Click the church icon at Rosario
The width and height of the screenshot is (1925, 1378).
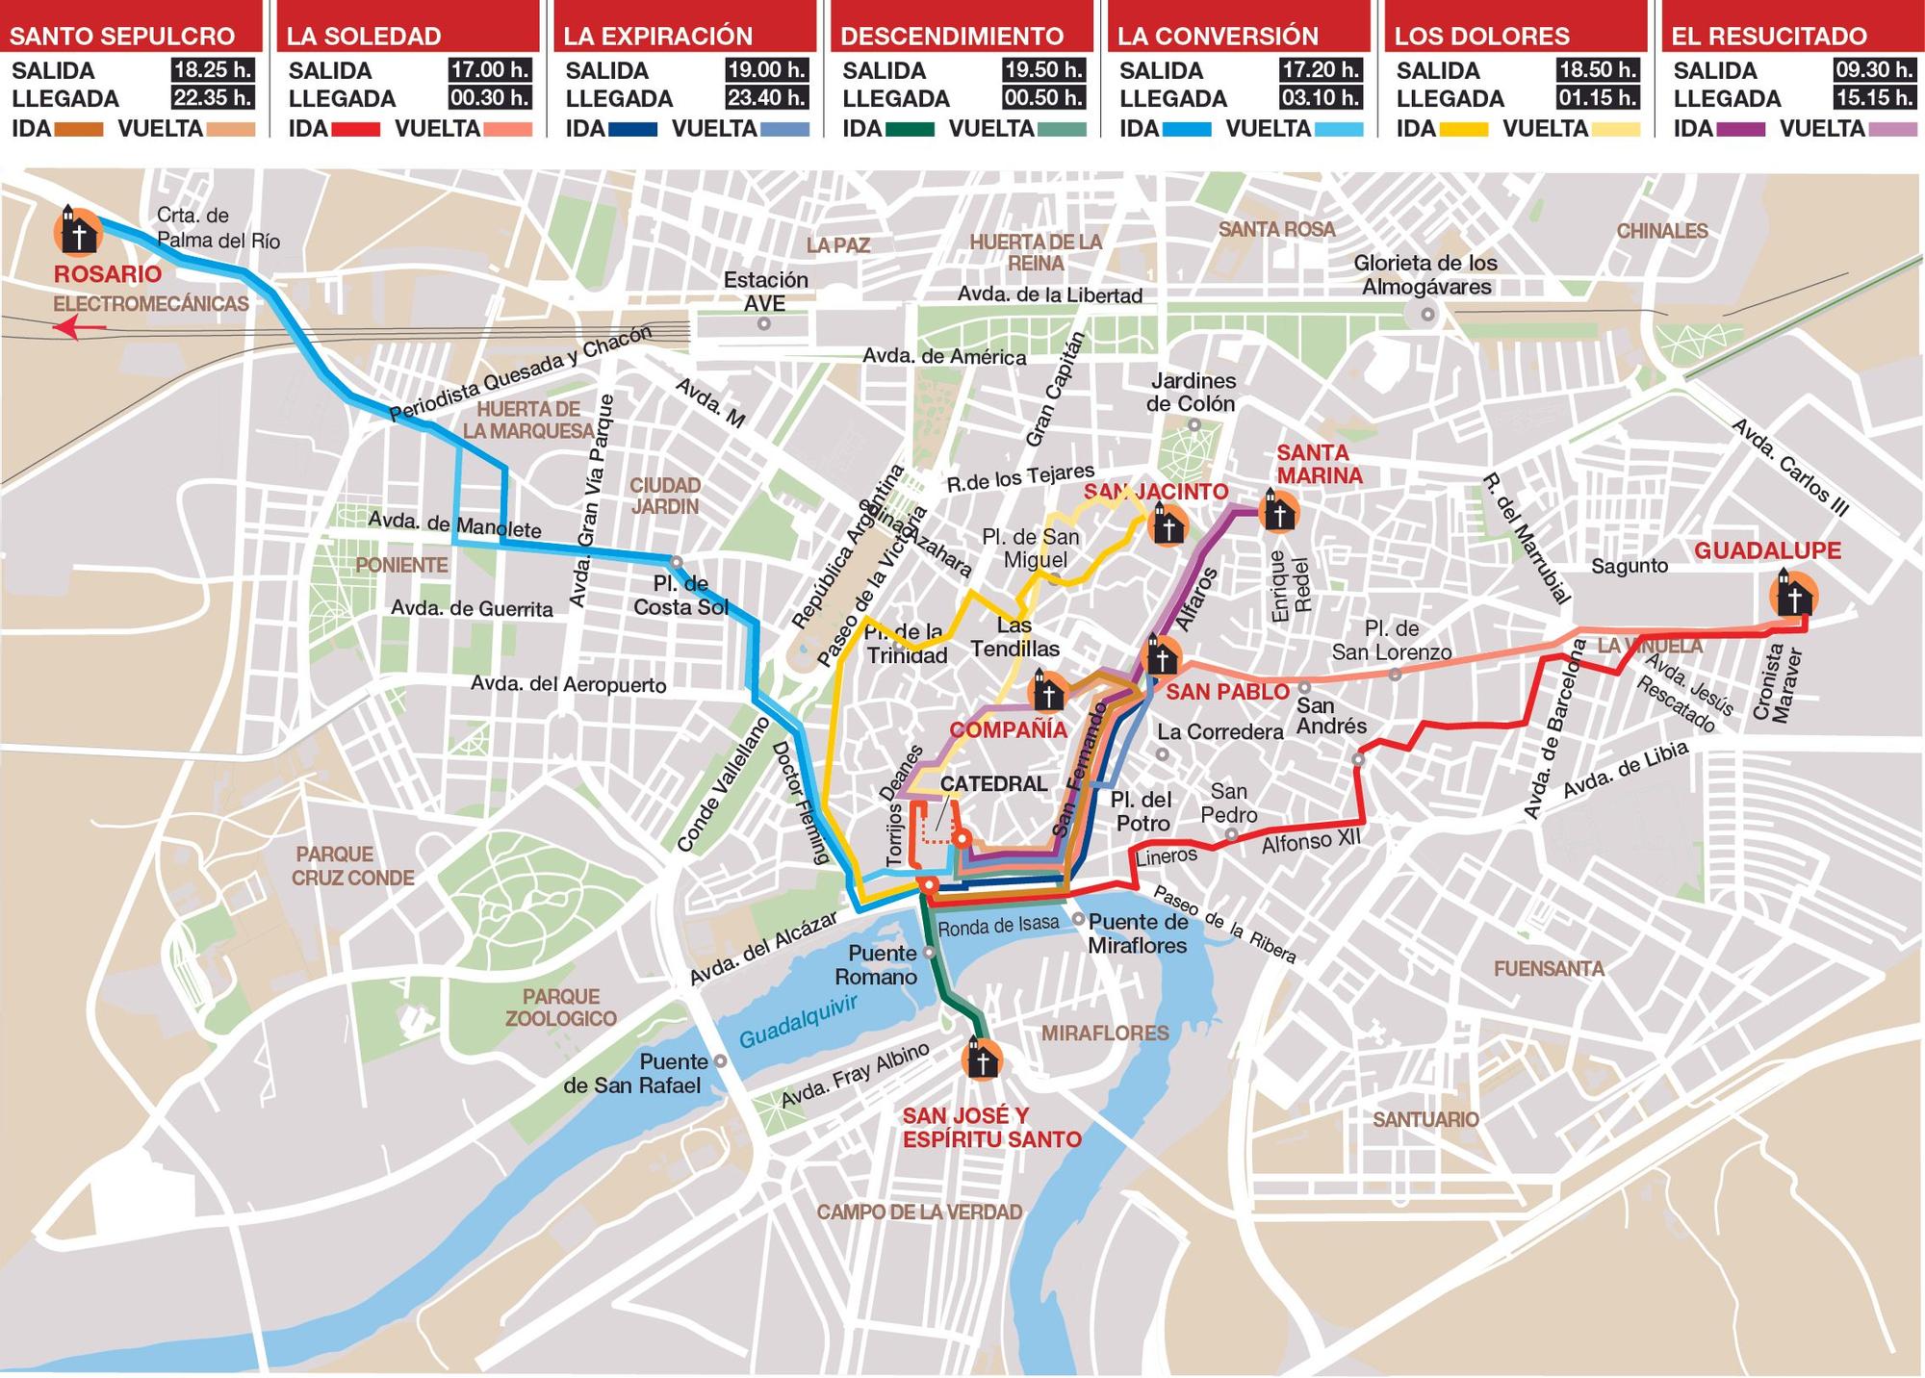click(78, 230)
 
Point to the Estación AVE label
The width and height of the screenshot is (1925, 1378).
click(765, 292)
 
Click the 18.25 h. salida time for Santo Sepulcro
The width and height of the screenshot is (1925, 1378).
click(212, 70)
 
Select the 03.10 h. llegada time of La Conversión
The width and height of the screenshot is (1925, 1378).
click(1320, 98)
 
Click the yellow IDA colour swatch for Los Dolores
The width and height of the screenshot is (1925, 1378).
click(1462, 129)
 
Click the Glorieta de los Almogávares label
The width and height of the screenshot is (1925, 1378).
click(1425, 274)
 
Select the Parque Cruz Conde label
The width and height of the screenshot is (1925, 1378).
click(353, 865)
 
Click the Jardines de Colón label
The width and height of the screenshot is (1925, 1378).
click(1192, 392)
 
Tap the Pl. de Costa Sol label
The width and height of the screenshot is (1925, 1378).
click(680, 596)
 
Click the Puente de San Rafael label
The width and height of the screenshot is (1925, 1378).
click(634, 1074)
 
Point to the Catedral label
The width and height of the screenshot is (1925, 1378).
click(992, 783)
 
